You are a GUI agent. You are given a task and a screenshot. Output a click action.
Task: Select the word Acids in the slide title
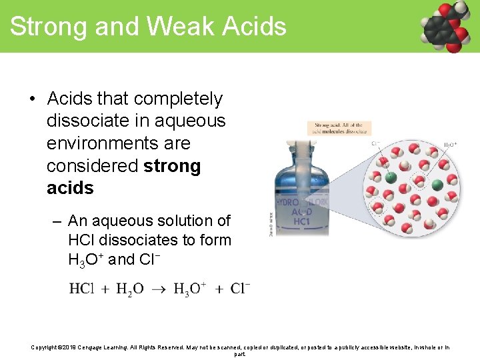[253, 27]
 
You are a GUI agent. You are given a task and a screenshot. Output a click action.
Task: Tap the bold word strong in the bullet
[171, 166]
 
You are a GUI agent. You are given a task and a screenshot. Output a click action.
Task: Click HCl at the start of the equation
[81, 289]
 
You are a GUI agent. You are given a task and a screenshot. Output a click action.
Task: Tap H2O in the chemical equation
[129, 289]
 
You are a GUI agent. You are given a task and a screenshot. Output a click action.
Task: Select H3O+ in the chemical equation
[189, 289]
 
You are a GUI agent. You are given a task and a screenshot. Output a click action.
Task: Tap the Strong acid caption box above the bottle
[339, 128]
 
